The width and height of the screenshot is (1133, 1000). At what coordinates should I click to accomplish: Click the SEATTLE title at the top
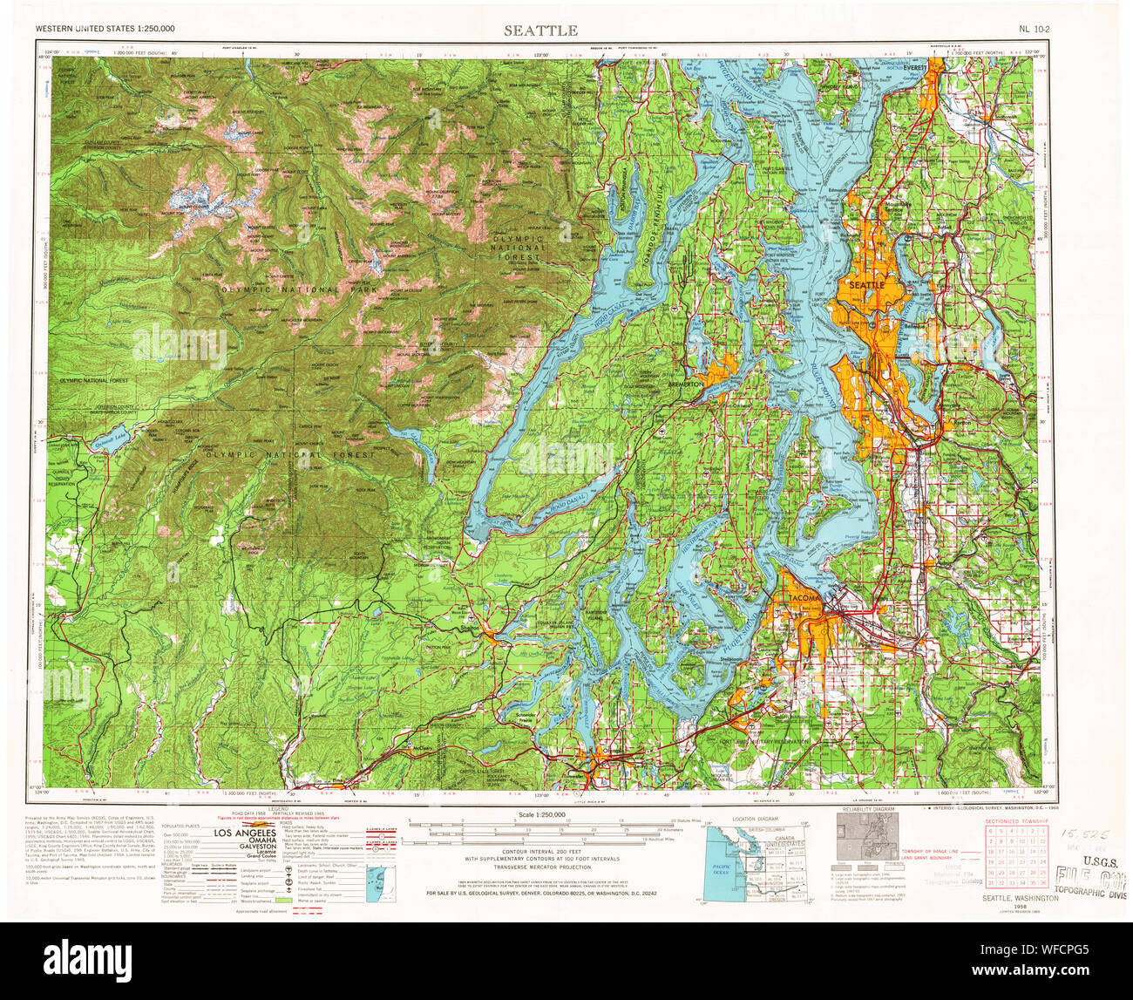(x=540, y=31)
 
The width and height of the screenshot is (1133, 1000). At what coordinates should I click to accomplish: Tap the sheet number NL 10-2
(x=1034, y=30)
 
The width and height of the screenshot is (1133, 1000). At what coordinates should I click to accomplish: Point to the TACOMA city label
(x=799, y=599)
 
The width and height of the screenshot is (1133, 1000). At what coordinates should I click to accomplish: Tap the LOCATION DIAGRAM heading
(x=755, y=820)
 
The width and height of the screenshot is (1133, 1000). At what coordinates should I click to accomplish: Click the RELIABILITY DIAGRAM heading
(x=865, y=810)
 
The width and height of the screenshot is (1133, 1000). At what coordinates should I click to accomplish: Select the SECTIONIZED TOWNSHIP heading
(x=1015, y=821)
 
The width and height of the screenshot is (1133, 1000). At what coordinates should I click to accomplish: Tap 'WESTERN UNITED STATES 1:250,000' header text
(x=105, y=30)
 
